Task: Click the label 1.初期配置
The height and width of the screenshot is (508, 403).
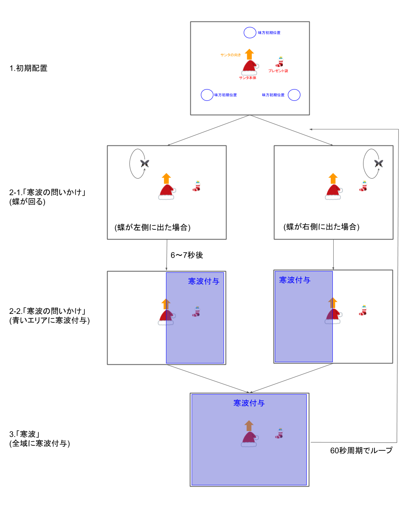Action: [x=29, y=68]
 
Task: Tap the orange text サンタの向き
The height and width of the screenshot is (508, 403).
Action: [x=231, y=55]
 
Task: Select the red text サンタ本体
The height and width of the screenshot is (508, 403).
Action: [x=248, y=78]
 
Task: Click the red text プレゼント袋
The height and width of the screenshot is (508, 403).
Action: [x=278, y=71]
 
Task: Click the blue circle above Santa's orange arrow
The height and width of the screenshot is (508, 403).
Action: [x=250, y=32]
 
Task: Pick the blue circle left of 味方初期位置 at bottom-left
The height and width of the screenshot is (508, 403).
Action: [x=207, y=95]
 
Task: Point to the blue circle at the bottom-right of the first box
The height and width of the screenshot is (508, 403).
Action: [x=294, y=95]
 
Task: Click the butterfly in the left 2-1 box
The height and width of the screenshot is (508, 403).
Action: [x=145, y=163]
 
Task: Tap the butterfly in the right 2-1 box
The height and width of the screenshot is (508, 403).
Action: [x=378, y=163]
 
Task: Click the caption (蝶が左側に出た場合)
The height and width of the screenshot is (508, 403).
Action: [x=153, y=227]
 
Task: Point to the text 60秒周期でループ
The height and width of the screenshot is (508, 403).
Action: [x=361, y=450]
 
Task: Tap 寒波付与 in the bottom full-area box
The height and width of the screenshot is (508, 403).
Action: [x=249, y=403]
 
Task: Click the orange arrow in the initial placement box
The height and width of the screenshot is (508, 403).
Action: [x=249, y=54]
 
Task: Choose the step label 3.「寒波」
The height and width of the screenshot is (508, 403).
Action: [x=25, y=434]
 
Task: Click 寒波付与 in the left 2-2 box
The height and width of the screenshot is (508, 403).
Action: [x=203, y=281]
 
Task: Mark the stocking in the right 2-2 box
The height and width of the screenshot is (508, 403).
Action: [x=363, y=311]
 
